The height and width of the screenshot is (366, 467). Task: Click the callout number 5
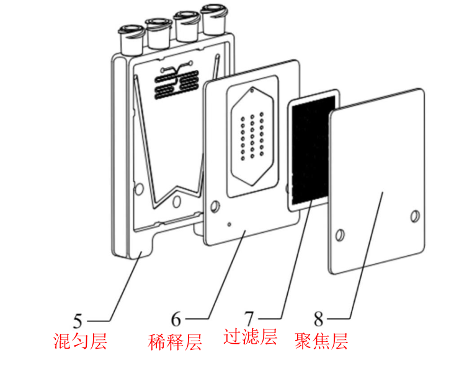pos(78,321)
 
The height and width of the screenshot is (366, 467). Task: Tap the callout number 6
pos(176,320)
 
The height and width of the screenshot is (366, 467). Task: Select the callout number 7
pos(249,318)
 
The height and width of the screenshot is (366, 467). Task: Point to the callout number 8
pos(319,319)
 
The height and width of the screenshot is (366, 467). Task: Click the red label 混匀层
pos(80,341)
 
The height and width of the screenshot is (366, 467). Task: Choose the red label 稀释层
pos(175,342)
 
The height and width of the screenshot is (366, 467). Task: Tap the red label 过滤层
pos(250,336)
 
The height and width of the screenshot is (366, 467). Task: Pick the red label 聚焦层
pos(321,341)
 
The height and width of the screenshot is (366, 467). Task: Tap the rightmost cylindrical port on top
pos(213,19)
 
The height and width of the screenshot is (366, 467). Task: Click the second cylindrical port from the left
pos(158,33)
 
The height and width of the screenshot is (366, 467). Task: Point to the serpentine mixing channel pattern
pos(177,81)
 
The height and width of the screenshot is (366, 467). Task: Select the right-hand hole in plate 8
pos(415,216)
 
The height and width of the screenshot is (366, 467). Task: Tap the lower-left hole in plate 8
pos(340,235)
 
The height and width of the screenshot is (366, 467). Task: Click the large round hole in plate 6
pos(215,206)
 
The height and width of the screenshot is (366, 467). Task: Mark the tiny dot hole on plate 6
pos(229,224)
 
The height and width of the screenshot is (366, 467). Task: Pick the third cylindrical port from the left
pos(187,26)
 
